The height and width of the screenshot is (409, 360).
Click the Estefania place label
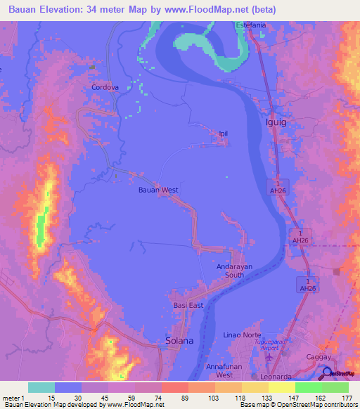click(252, 25)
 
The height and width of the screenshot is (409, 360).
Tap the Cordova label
click(105, 88)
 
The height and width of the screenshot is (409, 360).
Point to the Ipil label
click(224, 134)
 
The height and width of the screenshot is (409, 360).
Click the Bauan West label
click(157, 190)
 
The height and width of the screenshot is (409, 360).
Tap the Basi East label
click(188, 306)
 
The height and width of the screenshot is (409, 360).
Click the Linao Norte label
click(242, 335)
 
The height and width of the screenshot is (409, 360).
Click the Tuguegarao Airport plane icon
click(269, 358)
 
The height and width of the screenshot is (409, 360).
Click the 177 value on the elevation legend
click(346, 398)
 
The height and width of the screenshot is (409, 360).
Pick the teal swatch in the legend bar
click(41, 387)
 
